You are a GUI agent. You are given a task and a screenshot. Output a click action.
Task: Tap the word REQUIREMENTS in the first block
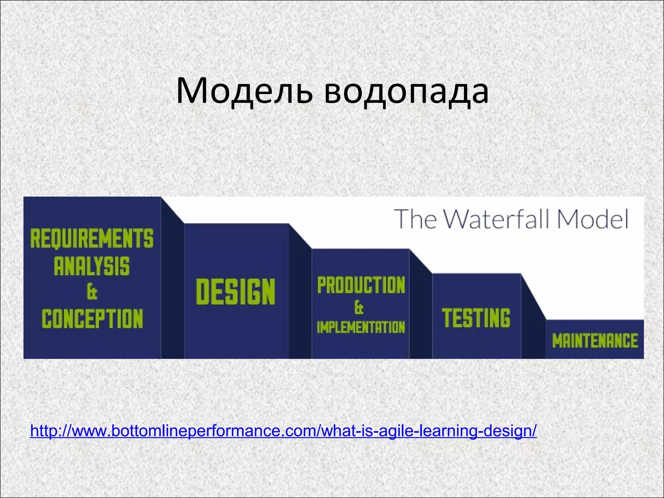point(92,238)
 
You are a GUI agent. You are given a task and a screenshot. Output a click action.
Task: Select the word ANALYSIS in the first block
point(92,266)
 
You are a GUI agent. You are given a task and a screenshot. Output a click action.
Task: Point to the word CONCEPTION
point(92,319)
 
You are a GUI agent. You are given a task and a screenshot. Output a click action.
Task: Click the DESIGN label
point(236,291)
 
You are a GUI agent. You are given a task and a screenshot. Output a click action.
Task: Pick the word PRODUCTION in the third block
point(361,285)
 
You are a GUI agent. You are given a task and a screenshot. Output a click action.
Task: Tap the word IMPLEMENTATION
point(361,327)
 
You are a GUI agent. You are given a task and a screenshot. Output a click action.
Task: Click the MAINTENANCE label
point(595,341)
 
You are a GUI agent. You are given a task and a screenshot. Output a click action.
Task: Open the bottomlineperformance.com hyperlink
point(283,431)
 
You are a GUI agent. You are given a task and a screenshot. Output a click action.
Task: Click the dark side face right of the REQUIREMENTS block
point(172,285)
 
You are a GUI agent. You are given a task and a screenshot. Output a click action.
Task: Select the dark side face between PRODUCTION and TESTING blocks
point(421,311)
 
